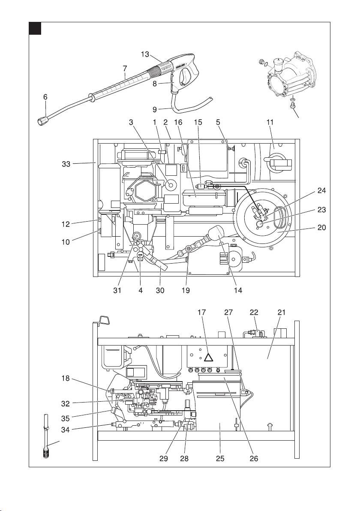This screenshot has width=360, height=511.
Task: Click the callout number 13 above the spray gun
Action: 145,54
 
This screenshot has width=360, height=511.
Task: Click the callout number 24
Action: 321,191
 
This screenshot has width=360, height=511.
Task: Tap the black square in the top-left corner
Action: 35,29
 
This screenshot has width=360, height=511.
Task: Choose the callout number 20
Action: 321,228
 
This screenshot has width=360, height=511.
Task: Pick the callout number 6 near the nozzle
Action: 45,97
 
